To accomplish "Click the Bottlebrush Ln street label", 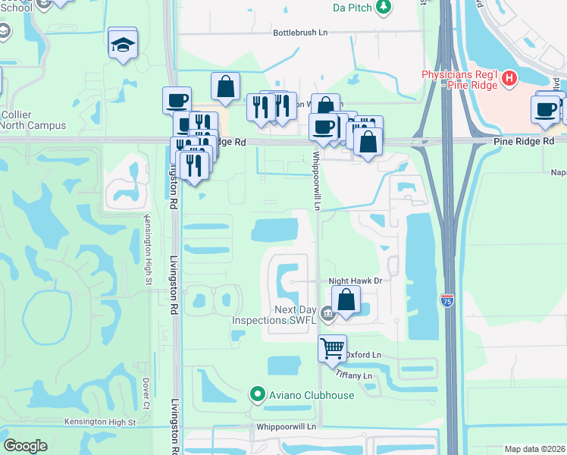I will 305,33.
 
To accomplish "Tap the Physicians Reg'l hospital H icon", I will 509,77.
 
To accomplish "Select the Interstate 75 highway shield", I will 447,301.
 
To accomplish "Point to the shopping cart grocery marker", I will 332,348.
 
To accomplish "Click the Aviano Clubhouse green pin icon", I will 257,394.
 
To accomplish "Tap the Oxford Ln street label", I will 364,355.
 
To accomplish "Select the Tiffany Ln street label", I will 356,376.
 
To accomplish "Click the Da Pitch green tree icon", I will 384,7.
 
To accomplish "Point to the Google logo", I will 26,446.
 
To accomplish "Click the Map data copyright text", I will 535,449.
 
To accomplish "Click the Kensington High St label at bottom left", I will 99,422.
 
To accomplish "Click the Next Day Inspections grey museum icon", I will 327,312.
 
